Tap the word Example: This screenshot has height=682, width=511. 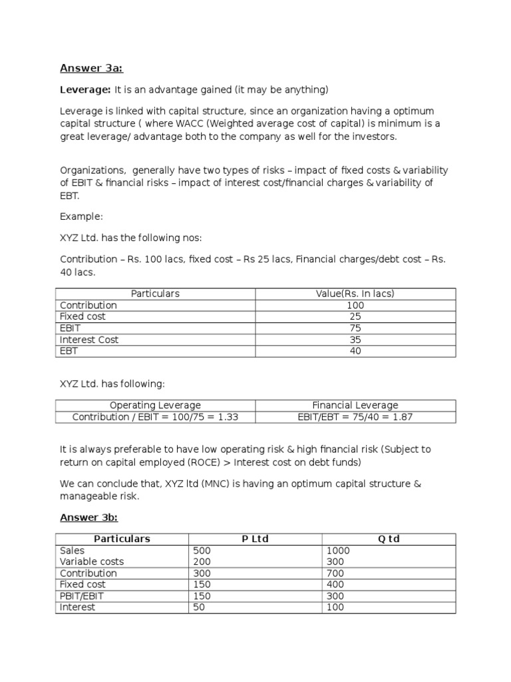pyautogui.click(x=82, y=217)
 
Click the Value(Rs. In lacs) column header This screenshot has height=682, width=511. pyautogui.click(x=355, y=294)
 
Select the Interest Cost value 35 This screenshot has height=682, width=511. pyautogui.click(x=355, y=340)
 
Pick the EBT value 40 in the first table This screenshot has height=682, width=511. pyautogui.click(x=355, y=351)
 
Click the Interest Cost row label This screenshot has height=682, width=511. pyautogui.click(x=89, y=340)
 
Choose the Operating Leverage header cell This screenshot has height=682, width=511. pyautogui.click(x=155, y=405)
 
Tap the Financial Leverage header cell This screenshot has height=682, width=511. pyautogui.click(x=355, y=405)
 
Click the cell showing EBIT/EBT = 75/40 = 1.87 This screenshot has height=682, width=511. pyautogui.click(x=355, y=417)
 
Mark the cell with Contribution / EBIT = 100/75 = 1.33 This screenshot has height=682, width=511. pyautogui.click(x=155, y=417)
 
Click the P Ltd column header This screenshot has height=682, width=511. pyautogui.click(x=255, y=539)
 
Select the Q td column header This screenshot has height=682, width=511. pyautogui.click(x=389, y=539)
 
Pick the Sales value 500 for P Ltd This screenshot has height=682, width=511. pyautogui.click(x=202, y=551)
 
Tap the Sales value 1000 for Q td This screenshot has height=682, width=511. pyautogui.click(x=337, y=551)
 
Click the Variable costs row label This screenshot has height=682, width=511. pyautogui.click(x=92, y=562)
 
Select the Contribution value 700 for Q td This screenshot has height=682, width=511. pyautogui.click(x=335, y=573)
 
